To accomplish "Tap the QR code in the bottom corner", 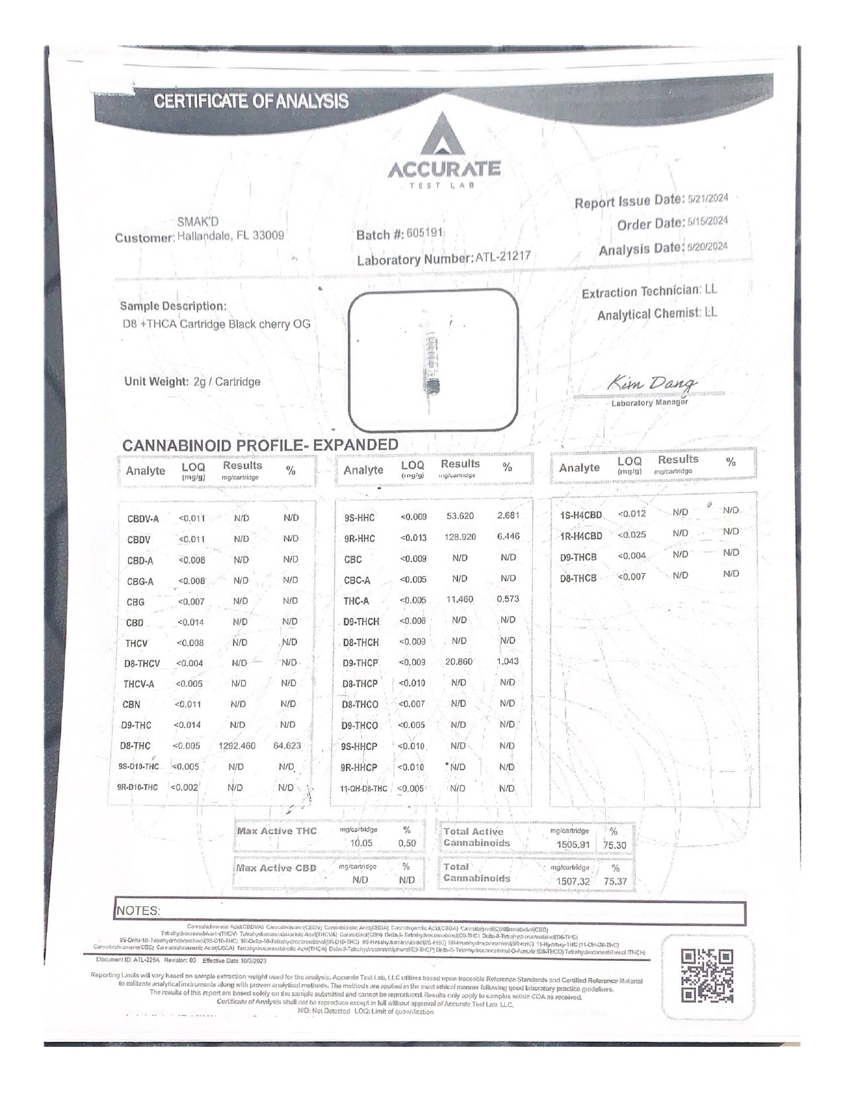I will coord(707,975).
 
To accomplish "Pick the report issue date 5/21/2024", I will coord(708,198).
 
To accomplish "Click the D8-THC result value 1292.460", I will coord(237,746).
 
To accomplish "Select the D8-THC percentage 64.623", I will coord(287,746).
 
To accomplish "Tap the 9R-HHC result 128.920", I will coord(461,536).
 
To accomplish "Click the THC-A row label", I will coord(356,601).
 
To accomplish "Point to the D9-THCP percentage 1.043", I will coord(508,662).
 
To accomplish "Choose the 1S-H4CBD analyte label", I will coord(581,515).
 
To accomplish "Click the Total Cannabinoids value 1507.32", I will coord(573,882).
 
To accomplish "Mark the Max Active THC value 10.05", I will coord(362,843).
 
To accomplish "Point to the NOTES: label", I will coord(138,911).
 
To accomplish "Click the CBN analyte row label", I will coord(131,705).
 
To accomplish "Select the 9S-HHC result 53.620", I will coord(460,516).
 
